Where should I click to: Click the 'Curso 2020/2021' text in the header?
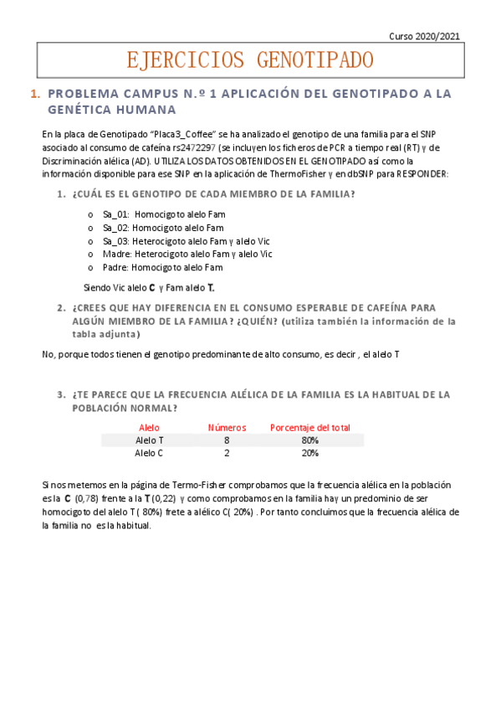click(x=426, y=36)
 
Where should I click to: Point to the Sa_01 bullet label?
click(x=115, y=214)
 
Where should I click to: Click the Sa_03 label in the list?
click(x=115, y=240)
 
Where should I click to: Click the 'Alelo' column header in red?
click(x=149, y=427)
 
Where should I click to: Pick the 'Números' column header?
click(x=227, y=427)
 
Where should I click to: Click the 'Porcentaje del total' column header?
click(x=310, y=427)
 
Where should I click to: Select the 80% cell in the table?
click(x=310, y=440)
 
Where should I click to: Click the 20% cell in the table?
click(x=310, y=453)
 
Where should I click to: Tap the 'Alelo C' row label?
click(x=149, y=453)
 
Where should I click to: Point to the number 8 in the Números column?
click(x=227, y=440)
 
